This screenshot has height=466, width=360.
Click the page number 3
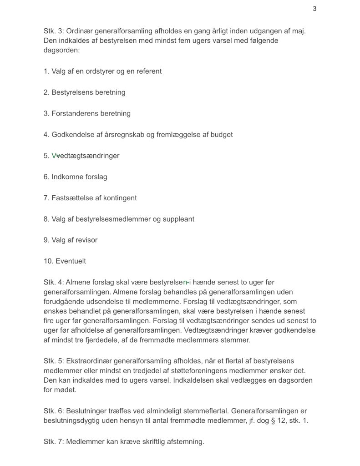pyautogui.click(x=314, y=9)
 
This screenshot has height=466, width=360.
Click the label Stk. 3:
pyautogui.click(x=53, y=31)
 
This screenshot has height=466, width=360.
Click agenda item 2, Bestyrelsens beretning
pyautogui.click(x=84, y=92)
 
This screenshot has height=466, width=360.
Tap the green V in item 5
pyautogui.click(x=54, y=156)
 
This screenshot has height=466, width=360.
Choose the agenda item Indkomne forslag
pyautogui.click(x=79, y=177)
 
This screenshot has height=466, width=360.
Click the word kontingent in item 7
pyautogui.click(x=118, y=198)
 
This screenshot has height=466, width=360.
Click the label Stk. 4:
pyautogui.click(x=53, y=283)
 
